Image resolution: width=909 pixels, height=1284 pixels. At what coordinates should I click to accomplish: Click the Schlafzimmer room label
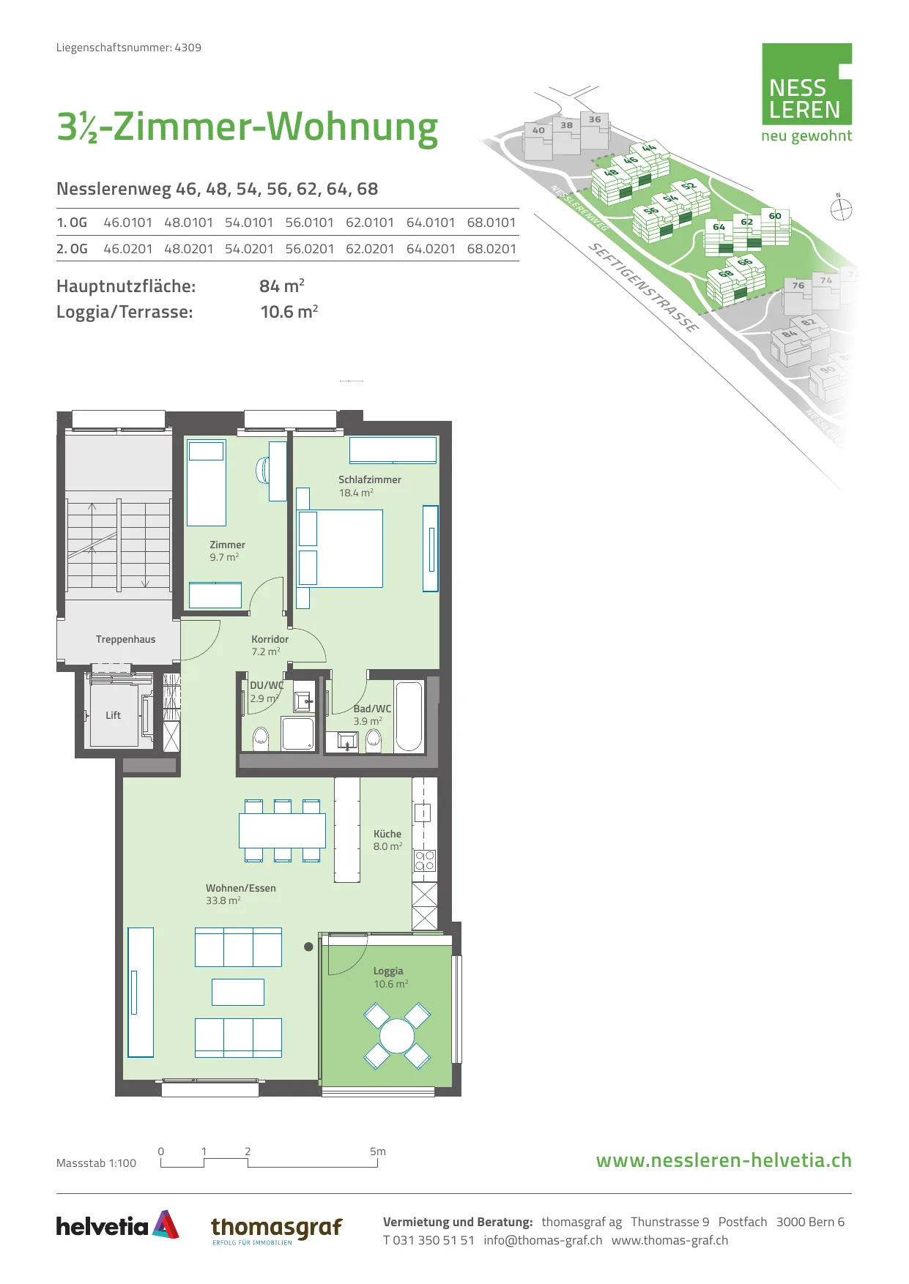tap(370, 479)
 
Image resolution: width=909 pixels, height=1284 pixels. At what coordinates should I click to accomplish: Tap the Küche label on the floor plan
tap(387, 834)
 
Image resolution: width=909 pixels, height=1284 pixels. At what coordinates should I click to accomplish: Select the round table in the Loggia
tap(397, 1035)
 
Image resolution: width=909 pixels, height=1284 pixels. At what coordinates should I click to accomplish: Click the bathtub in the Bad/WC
tap(409, 717)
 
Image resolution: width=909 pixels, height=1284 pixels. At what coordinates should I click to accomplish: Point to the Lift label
tap(113, 715)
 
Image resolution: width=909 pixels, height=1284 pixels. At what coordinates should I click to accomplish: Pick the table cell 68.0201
tap(491, 249)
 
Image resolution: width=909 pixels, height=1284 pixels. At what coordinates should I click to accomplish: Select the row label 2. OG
tap(72, 249)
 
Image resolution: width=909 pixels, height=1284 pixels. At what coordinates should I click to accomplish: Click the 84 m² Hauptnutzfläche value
tap(282, 285)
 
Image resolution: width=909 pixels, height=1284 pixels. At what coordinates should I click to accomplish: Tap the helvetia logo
tap(118, 1225)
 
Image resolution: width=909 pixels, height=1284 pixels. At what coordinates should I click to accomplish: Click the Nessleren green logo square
tap(807, 83)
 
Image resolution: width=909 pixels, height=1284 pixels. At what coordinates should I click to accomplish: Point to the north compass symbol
tap(841, 209)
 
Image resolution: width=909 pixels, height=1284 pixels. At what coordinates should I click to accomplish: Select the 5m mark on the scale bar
tap(378, 1152)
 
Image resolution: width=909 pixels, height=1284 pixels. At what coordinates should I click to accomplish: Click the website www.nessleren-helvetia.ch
tap(724, 1160)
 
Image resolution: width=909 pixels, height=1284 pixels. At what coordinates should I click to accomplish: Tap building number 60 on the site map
tap(775, 216)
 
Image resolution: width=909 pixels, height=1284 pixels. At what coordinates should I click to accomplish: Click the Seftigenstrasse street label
tap(644, 287)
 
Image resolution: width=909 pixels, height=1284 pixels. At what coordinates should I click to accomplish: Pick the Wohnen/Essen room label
tap(241, 888)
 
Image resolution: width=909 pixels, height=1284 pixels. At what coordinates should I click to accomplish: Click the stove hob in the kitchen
tap(425, 860)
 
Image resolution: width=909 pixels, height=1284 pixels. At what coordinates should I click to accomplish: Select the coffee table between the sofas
tap(238, 992)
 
